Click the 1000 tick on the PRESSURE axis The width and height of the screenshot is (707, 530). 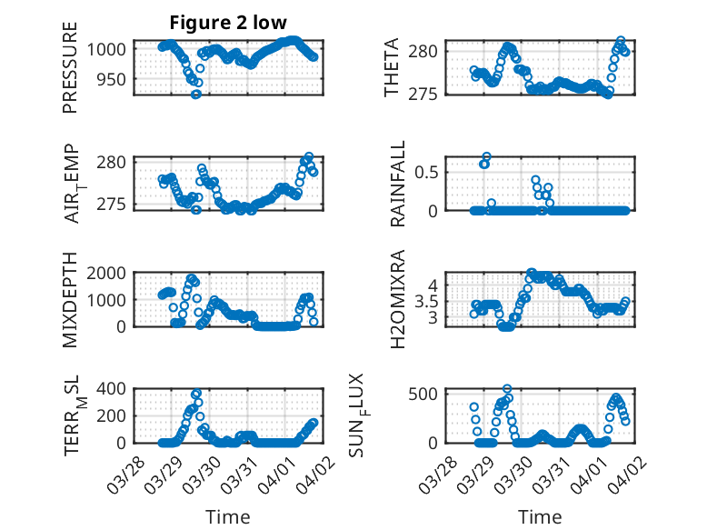coord(112,50)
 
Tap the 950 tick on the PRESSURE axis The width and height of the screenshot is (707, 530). coord(116,79)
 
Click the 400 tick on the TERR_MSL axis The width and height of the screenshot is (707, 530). coord(116,389)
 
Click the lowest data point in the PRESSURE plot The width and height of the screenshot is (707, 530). coord(195,94)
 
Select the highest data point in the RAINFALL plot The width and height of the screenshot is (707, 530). coord(487,156)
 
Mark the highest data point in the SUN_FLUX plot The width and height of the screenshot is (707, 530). coord(507,389)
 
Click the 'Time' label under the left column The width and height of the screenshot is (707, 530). coord(228,517)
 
